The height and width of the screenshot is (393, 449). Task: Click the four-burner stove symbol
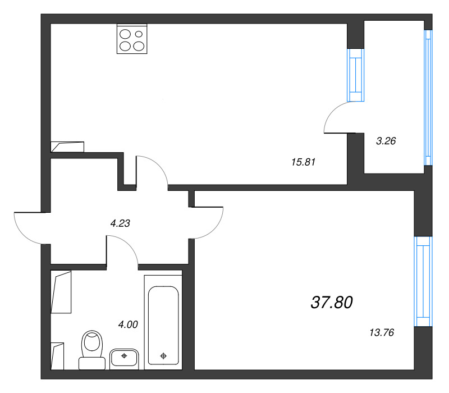(132, 39)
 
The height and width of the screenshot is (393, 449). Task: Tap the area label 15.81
(304, 162)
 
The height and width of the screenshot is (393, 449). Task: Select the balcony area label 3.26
(386, 141)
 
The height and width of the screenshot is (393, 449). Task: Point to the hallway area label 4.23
(120, 223)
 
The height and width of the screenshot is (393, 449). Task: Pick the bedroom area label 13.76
(382, 332)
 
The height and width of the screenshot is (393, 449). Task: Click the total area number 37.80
(331, 303)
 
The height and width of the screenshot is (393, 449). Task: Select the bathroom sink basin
(125, 357)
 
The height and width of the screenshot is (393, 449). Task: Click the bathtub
(163, 320)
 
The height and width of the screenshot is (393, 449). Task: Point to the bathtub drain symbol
(163, 355)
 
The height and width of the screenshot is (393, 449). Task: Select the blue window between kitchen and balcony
(355, 75)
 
